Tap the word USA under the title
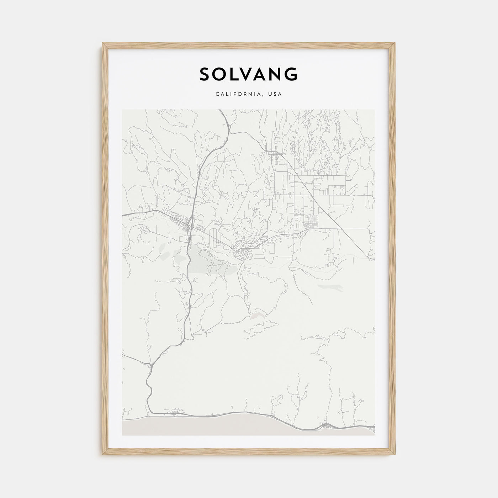[x=276, y=94]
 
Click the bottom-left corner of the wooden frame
[x=103, y=455]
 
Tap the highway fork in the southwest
[x=151, y=364]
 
